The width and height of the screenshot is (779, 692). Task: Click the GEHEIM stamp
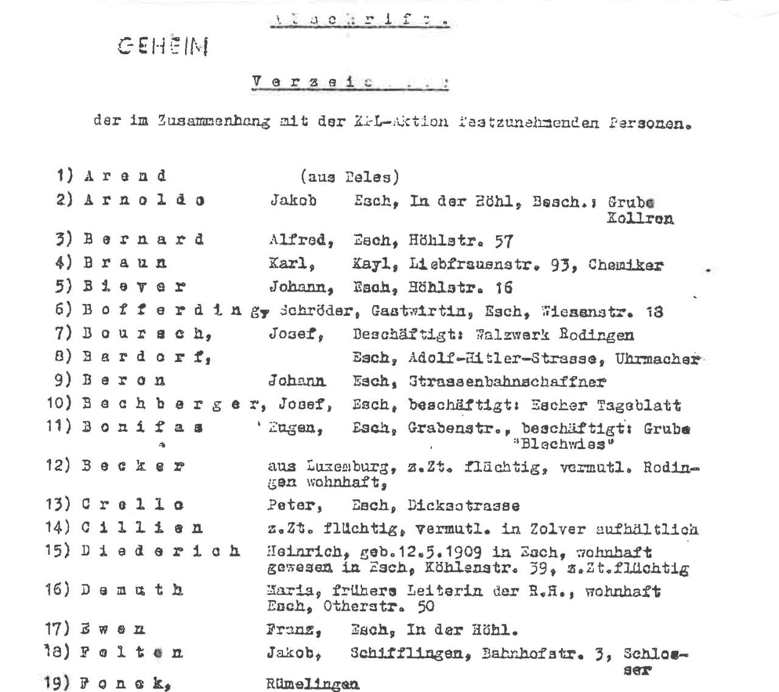point(163,46)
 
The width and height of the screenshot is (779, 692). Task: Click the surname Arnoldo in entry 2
point(144,200)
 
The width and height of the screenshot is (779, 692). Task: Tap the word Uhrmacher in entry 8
point(657,358)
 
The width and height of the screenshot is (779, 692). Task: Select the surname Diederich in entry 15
point(161,551)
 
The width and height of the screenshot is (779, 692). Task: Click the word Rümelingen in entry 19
point(312,684)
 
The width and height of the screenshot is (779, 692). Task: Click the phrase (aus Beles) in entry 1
point(349,177)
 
